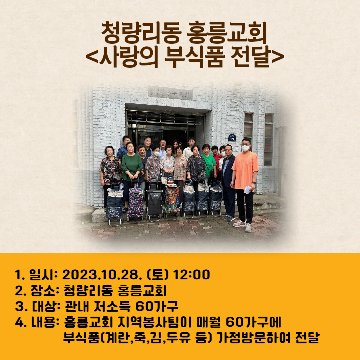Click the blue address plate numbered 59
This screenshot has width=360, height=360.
(x=232, y=137)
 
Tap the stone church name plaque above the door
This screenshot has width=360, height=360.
(x=170, y=93)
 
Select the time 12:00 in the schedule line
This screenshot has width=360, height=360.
(x=191, y=275)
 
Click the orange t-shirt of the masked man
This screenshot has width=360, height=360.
(x=245, y=170)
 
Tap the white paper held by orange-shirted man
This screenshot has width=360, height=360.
(x=248, y=190)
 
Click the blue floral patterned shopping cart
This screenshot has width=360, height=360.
(x=136, y=202)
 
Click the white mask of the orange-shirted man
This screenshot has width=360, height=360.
(x=245, y=148)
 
